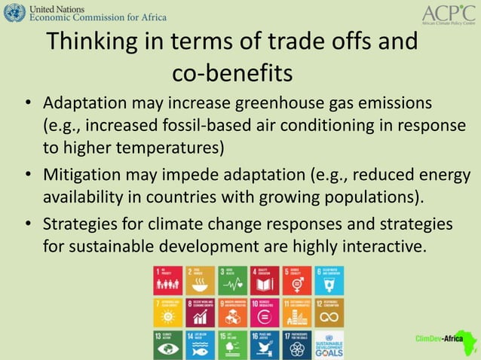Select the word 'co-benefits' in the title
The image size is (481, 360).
click(x=231, y=74)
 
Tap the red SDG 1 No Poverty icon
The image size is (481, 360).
click(x=167, y=280)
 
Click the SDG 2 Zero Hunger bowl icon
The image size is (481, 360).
click(x=200, y=280)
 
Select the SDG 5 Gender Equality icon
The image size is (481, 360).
click(x=296, y=280)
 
